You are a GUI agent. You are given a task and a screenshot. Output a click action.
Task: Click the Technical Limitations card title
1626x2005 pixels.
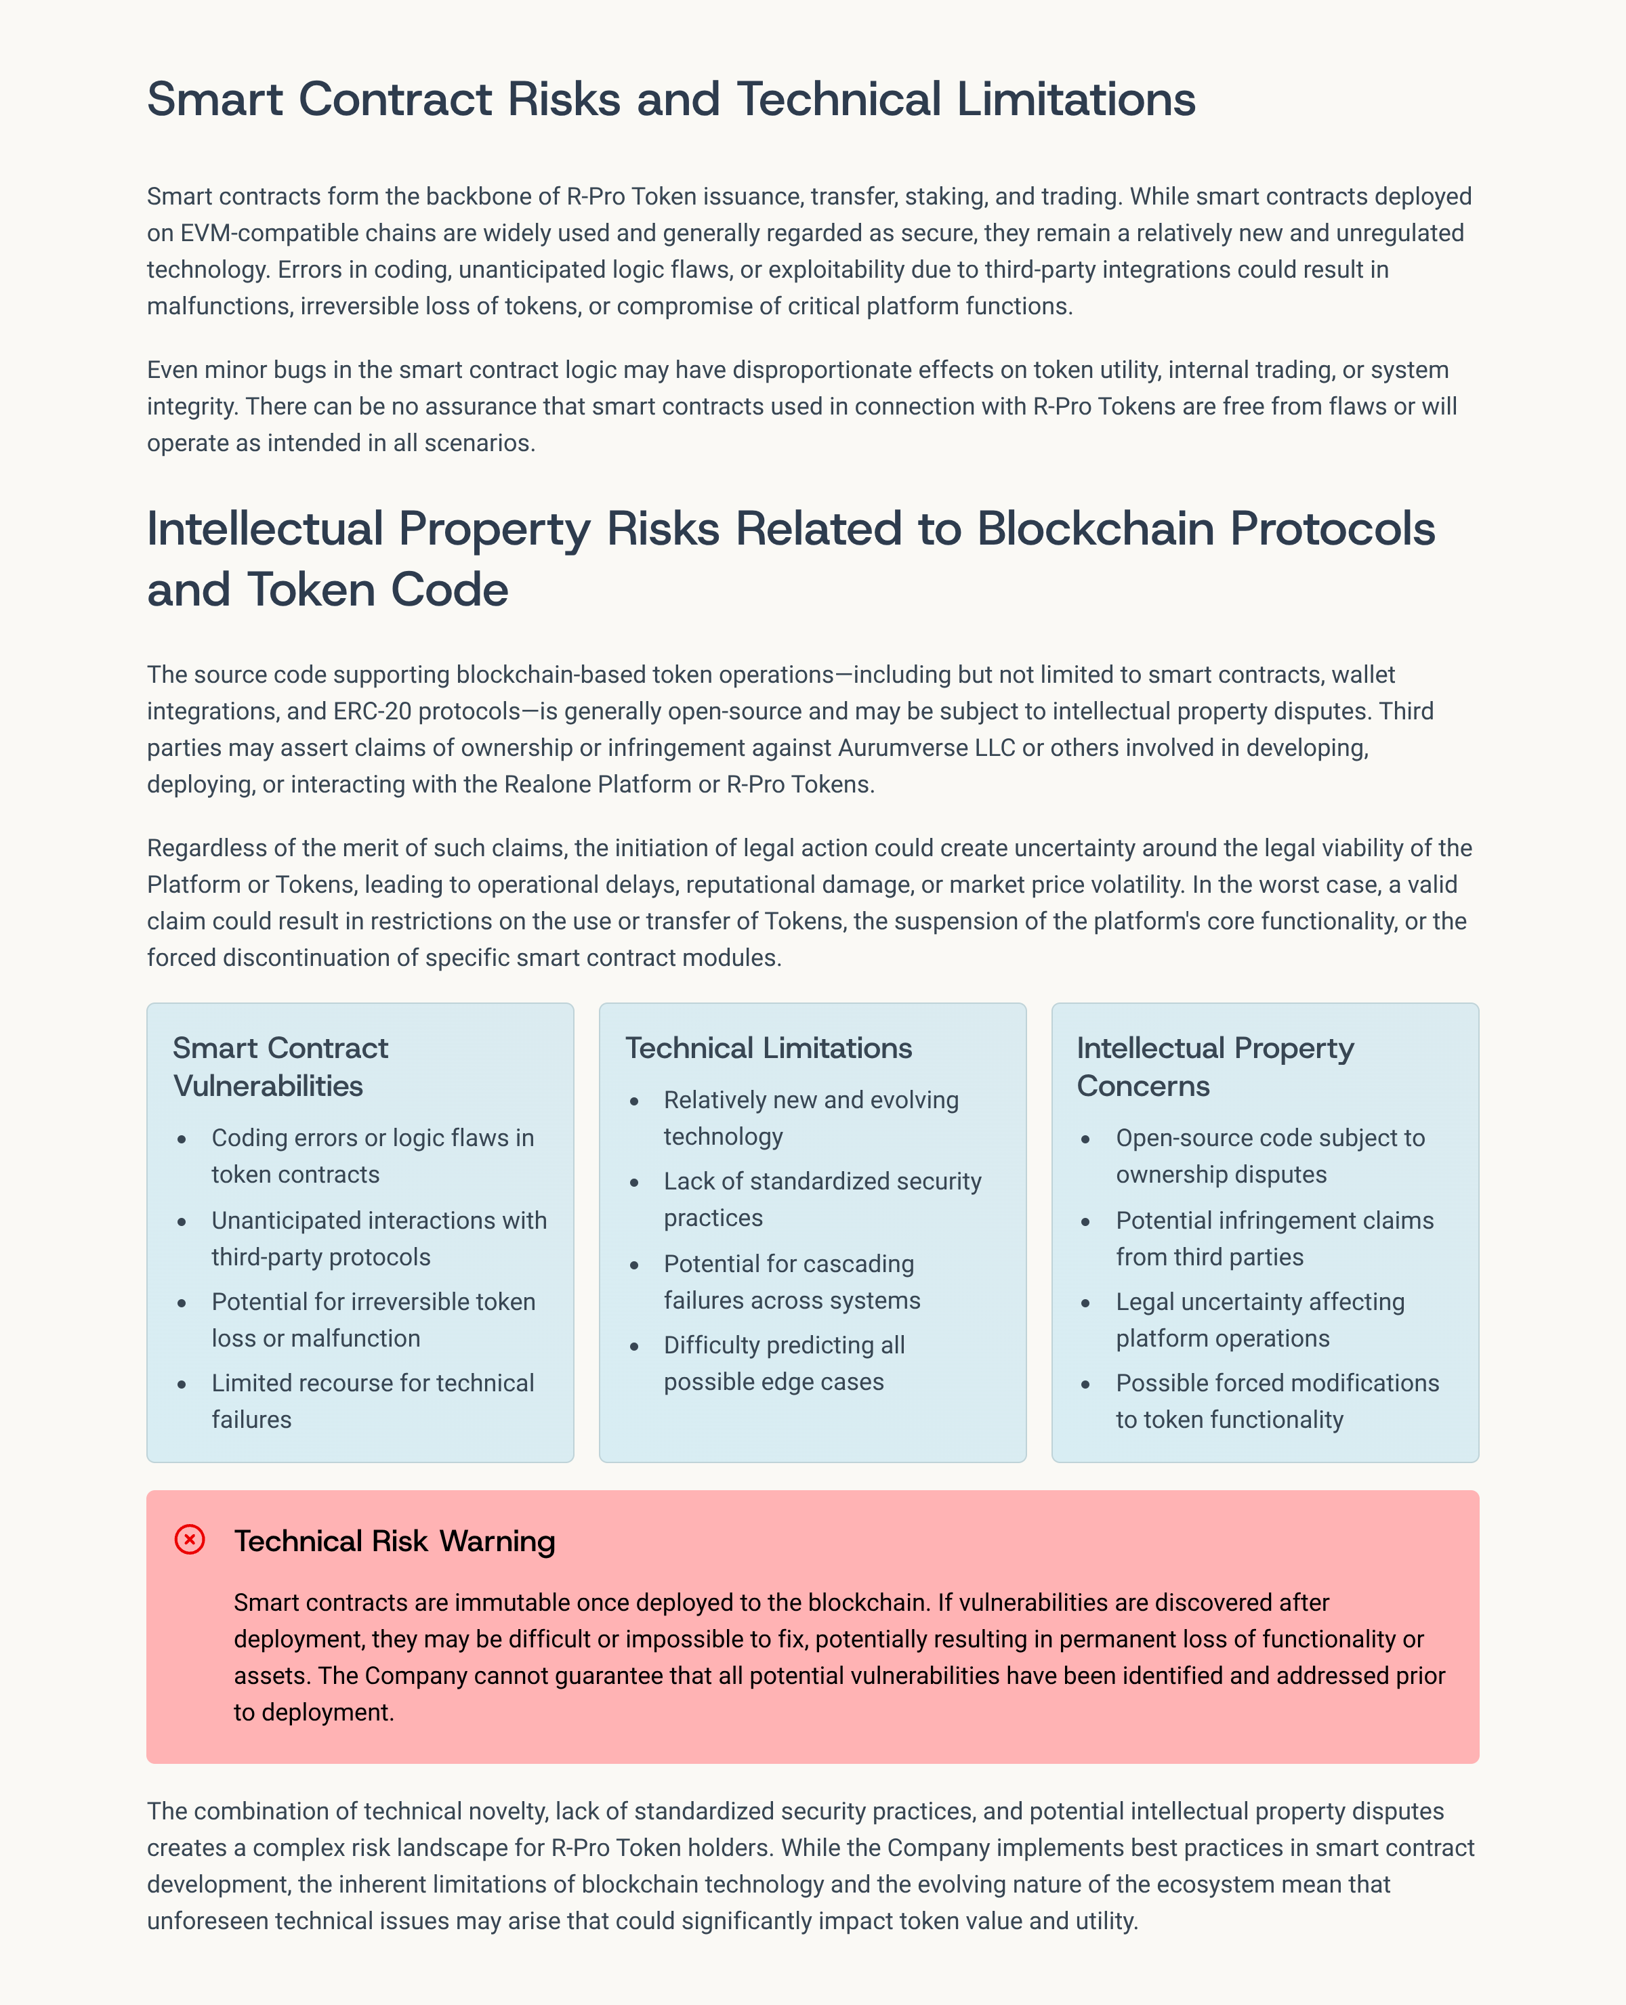coord(768,1047)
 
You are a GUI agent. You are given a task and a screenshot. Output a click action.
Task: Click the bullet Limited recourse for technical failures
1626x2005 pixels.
coord(373,1401)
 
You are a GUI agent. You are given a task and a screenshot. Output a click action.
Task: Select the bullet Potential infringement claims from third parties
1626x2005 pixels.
coord(1274,1238)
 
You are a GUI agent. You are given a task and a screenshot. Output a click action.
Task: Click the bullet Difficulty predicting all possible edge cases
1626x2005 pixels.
coord(783,1363)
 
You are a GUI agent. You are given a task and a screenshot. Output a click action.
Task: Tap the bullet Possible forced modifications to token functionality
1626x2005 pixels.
coord(1276,1401)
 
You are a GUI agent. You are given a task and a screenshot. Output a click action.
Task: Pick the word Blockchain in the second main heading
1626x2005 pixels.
coord(1096,528)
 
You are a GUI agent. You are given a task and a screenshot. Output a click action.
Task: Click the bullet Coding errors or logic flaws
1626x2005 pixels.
coord(373,1156)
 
